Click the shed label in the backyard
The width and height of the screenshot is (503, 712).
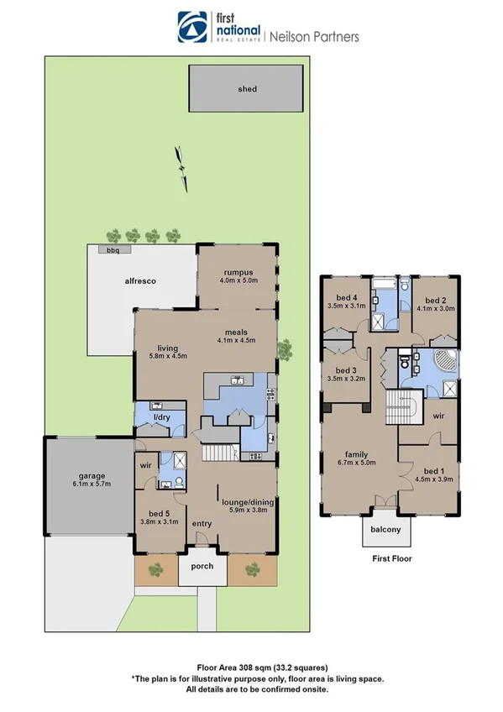click(x=246, y=88)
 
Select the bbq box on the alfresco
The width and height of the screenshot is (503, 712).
click(x=109, y=249)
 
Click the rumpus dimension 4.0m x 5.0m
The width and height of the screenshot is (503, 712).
click(x=238, y=281)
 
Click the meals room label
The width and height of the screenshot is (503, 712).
click(x=235, y=331)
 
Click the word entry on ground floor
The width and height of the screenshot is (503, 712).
click(x=202, y=523)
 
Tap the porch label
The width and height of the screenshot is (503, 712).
click(x=202, y=565)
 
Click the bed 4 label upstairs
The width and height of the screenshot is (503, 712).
click(x=348, y=299)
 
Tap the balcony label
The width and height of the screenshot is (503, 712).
click(x=382, y=529)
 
